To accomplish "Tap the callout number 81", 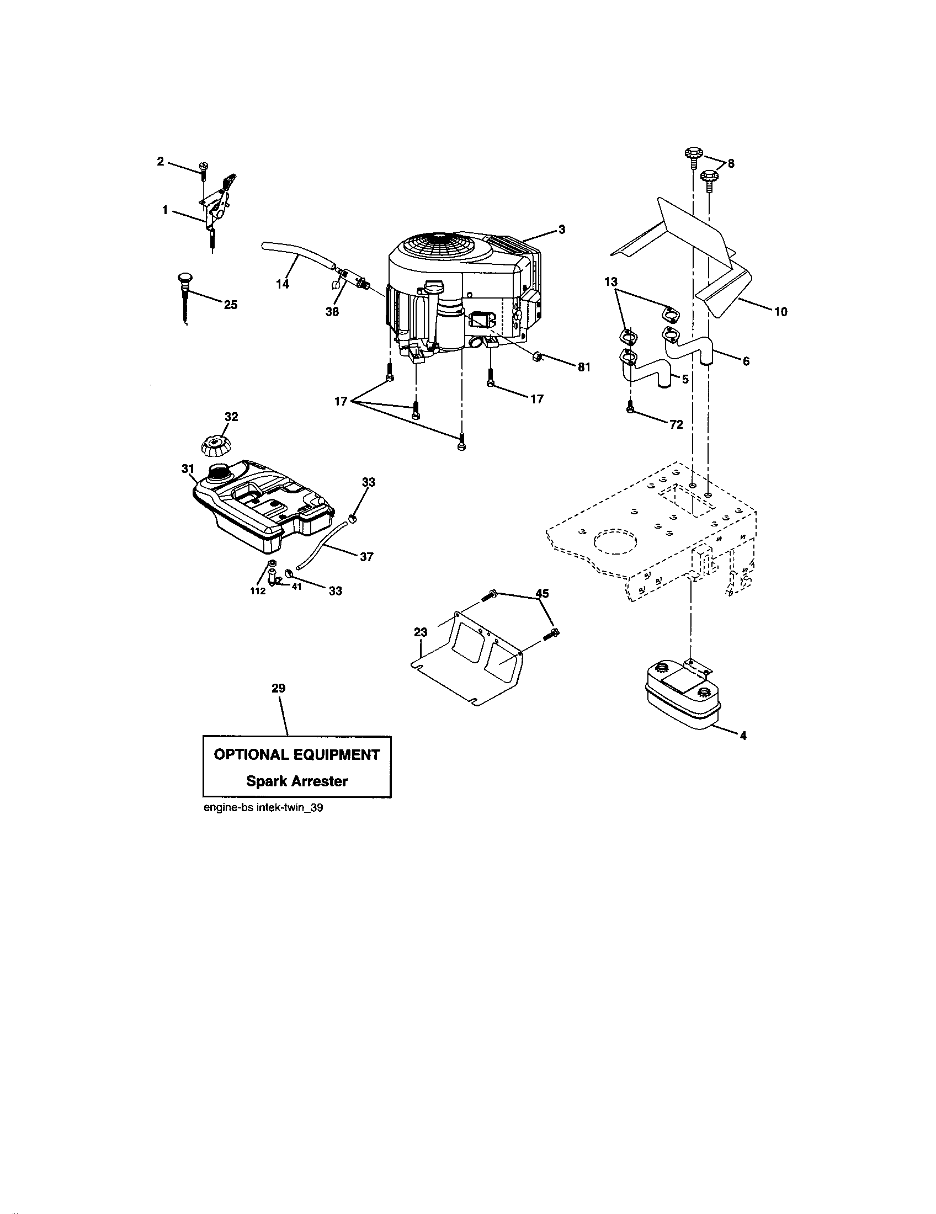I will point(583,368).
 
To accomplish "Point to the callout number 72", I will point(676,425).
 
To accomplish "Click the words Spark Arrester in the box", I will point(297,781).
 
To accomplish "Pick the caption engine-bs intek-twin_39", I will point(263,808).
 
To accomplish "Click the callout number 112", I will point(257,591).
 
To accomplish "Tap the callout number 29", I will point(279,688).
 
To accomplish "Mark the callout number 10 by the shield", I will point(780,312).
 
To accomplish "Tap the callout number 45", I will point(541,594).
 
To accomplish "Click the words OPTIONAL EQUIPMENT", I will point(297,755).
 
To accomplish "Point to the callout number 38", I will point(332,312).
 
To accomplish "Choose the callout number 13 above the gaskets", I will point(611,282).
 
